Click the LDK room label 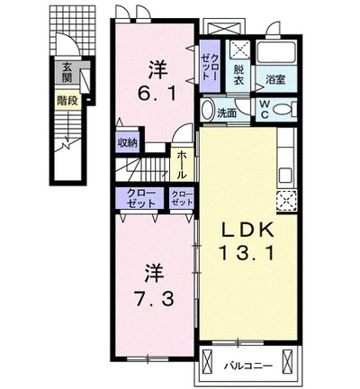(x=247, y=231)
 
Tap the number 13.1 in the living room (x=247, y=253)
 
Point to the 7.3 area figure (x=155, y=299)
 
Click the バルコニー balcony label (x=248, y=366)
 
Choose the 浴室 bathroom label (x=275, y=79)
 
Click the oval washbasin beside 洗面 (x=207, y=110)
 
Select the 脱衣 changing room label (x=238, y=75)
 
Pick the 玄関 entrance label (x=67, y=73)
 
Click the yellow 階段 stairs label (x=67, y=101)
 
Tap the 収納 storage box (x=127, y=142)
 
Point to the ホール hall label (x=182, y=165)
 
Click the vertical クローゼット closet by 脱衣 (x=211, y=67)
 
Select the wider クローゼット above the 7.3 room (x=140, y=198)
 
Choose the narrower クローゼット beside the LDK (x=182, y=198)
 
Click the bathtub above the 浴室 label (x=276, y=53)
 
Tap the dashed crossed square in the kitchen (x=286, y=201)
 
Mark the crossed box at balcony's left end (x=207, y=361)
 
